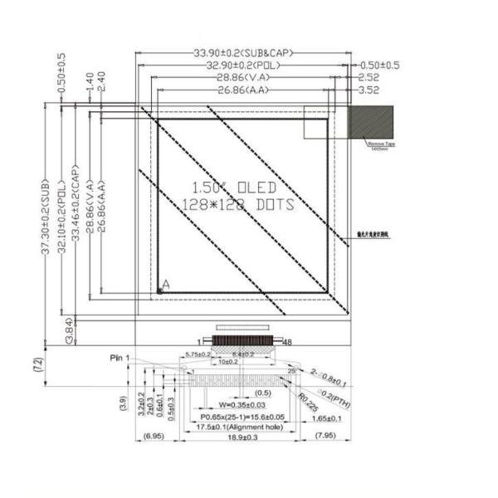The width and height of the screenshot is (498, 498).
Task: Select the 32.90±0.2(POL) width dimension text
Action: pyautogui.click(x=243, y=66)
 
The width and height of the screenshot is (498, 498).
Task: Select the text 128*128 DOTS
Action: pyautogui.click(x=237, y=203)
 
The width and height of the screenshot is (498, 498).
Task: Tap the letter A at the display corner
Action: pyautogui.click(x=166, y=285)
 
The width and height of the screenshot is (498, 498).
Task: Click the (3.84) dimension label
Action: pyautogui.click(x=70, y=330)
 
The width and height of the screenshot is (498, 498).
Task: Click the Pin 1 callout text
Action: pyautogui.click(x=120, y=358)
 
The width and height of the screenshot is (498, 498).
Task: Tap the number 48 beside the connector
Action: pyautogui.click(x=289, y=341)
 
